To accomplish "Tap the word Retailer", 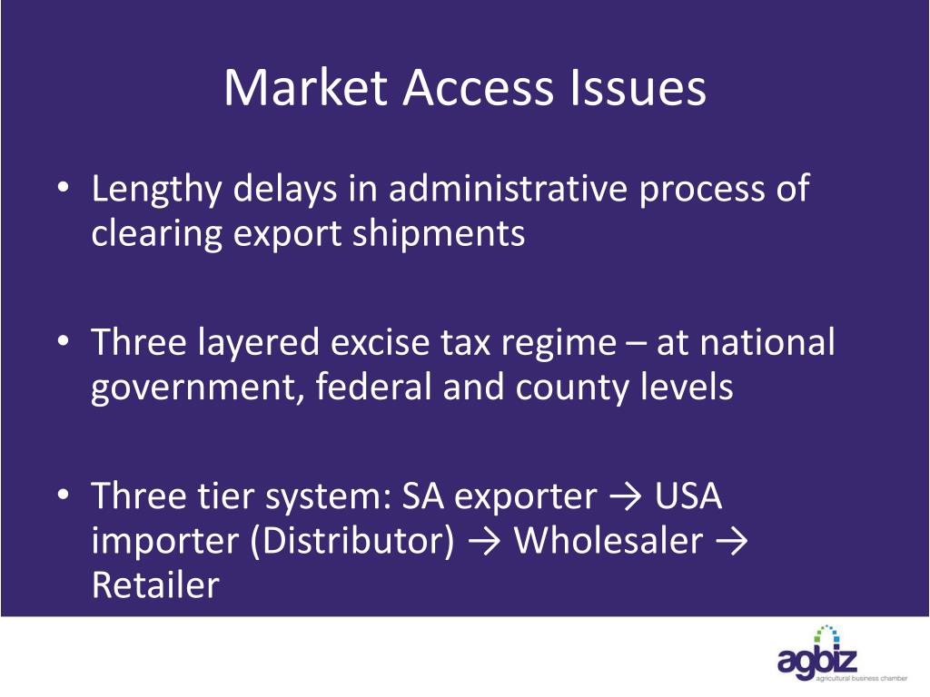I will coord(155,585).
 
